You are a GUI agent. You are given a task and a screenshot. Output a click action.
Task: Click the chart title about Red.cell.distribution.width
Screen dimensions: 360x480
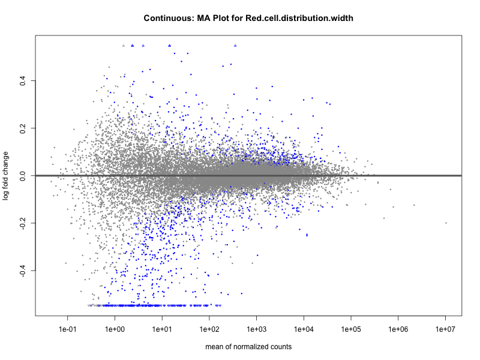pyautogui.click(x=248, y=18)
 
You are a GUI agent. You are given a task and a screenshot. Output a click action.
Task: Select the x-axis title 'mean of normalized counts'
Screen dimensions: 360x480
pyautogui.click(x=248, y=347)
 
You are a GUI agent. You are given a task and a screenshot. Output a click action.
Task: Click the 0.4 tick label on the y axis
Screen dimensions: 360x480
pyautogui.click(x=22, y=80)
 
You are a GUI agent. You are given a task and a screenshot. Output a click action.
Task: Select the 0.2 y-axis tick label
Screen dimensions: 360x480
pyautogui.click(x=22, y=128)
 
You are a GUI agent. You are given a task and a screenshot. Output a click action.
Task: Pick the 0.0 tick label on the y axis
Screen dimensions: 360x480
pyautogui.click(x=22, y=176)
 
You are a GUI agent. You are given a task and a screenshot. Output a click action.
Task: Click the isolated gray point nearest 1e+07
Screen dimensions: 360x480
pyautogui.click(x=446, y=223)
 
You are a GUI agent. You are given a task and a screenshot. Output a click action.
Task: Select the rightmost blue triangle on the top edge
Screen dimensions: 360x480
pyautogui.click(x=235, y=46)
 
